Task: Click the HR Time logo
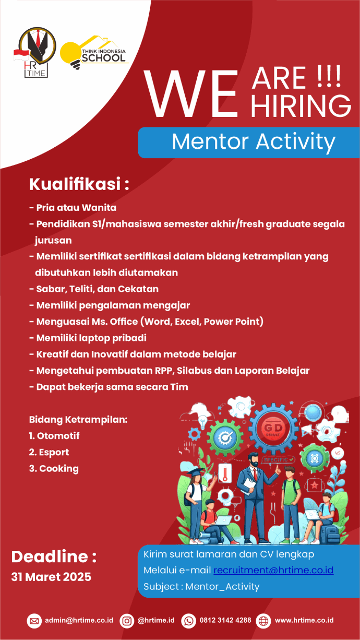click(x=35, y=53)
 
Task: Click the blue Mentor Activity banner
click(x=249, y=142)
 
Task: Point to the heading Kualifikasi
click(x=79, y=184)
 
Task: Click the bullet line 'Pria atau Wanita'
click(x=76, y=208)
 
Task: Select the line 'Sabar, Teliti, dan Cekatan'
click(x=97, y=289)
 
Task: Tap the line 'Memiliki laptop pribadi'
click(x=91, y=338)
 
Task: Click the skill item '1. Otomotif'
click(x=54, y=436)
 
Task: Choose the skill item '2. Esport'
click(x=49, y=452)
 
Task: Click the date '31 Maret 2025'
click(x=51, y=577)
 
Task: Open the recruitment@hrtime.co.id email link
click(x=273, y=570)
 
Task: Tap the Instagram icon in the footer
click(x=127, y=621)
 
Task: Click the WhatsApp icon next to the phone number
click(x=188, y=621)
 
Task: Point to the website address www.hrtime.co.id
click(x=304, y=621)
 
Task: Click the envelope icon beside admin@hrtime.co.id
click(x=34, y=621)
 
